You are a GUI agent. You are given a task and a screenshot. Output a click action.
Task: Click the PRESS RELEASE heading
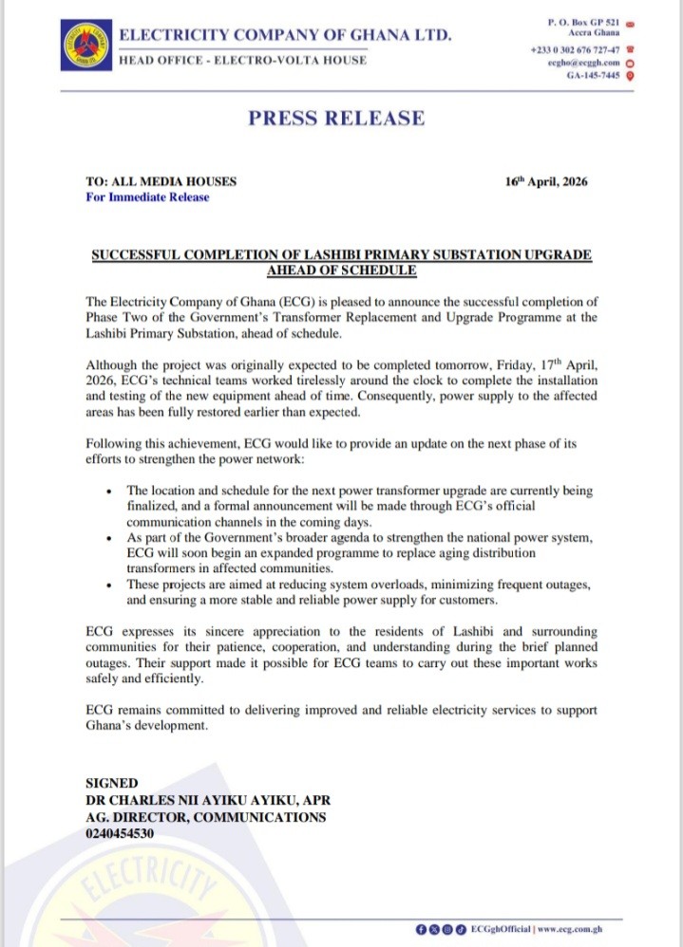point(336,119)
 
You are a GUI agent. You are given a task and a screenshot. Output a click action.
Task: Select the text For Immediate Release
point(147,197)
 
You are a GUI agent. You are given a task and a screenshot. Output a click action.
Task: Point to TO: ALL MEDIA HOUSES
point(161,181)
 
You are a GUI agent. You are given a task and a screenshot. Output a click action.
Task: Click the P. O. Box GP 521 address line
point(584,21)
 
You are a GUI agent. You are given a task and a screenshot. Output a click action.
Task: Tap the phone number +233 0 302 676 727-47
point(575,48)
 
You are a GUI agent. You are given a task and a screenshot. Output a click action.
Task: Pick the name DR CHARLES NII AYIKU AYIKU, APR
point(207,801)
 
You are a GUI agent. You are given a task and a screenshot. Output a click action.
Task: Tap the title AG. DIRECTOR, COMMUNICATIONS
point(205,817)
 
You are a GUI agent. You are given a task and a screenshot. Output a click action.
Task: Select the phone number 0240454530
point(120,833)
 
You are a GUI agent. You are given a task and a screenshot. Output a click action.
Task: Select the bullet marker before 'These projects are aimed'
point(112,585)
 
